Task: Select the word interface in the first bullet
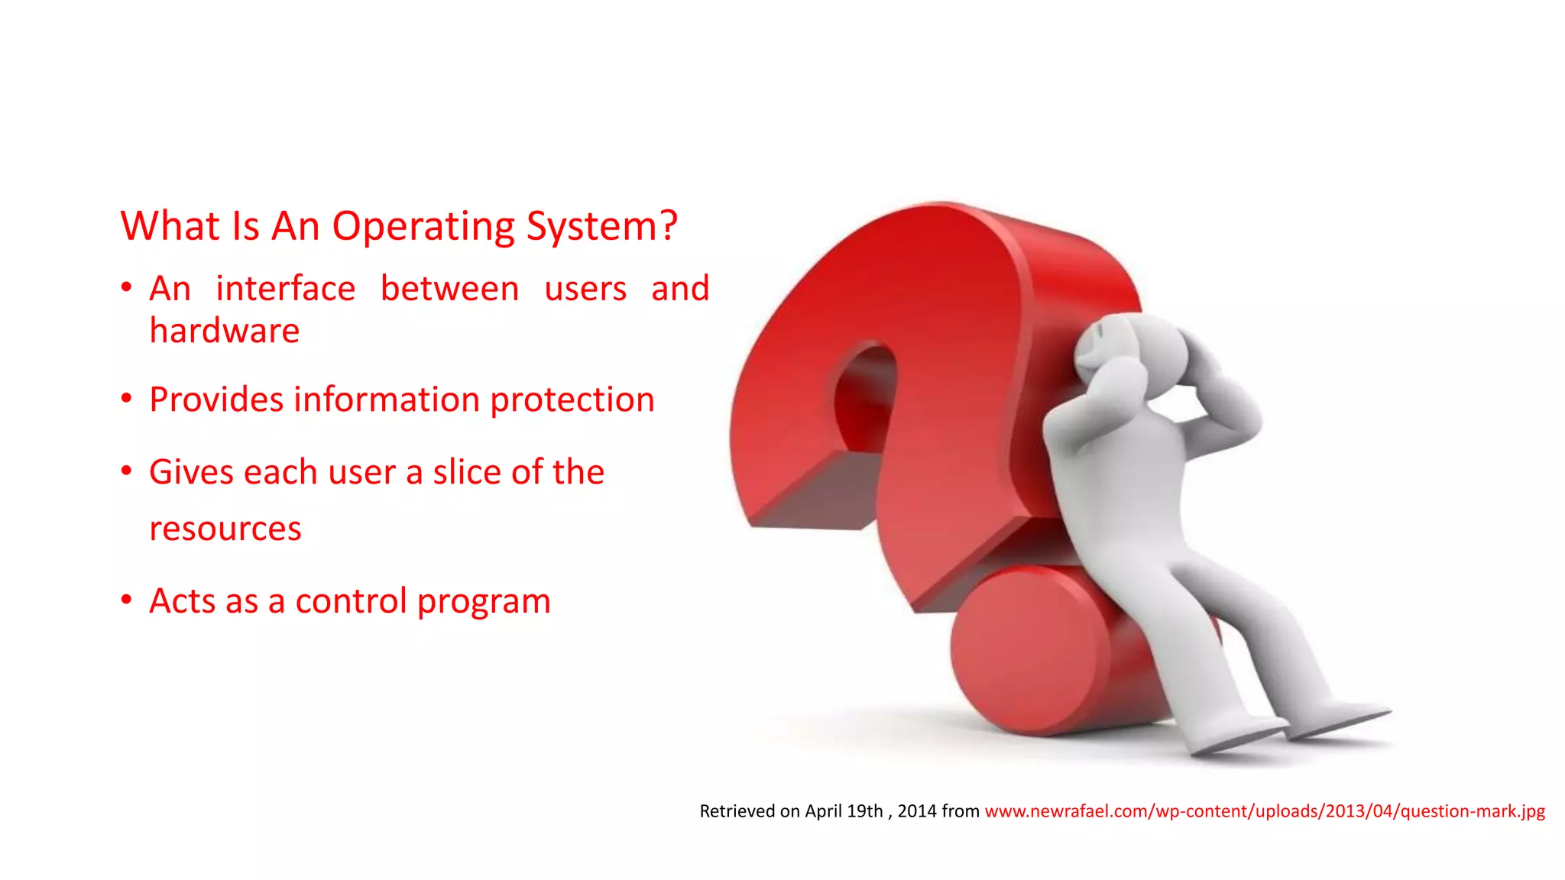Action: coord(285,289)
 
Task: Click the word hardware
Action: coord(224,331)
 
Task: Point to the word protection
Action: coord(572,400)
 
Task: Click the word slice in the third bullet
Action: coord(466,472)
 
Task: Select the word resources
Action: coord(225,529)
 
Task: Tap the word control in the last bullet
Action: coord(351,601)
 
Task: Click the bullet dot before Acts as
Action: coord(127,599)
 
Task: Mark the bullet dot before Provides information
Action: coord(127,397)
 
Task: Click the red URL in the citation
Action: coord(1264,811)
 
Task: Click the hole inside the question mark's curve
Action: coord(864,397)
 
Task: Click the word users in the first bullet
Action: coord(585,289)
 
